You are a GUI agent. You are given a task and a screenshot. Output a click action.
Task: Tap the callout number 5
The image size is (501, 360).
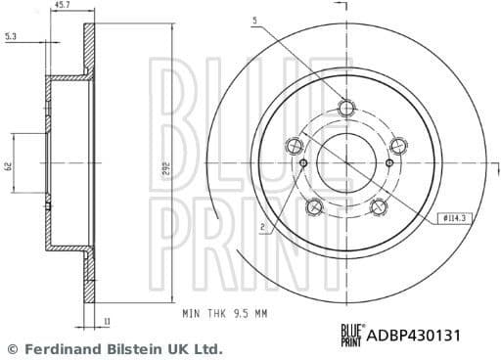click(254, 21)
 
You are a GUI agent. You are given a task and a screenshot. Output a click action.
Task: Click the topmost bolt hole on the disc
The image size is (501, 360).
click(344, 109)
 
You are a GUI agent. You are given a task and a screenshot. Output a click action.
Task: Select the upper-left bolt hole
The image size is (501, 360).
click(293, 147)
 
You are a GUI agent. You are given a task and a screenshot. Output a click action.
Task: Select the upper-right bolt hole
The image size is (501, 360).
click(397, 147)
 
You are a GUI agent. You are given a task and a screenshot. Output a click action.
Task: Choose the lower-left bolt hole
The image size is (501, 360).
click(313, 206)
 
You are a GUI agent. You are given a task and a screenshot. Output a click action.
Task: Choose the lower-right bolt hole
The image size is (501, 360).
click(378, 206)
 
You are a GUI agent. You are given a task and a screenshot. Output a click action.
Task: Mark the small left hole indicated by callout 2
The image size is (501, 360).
click(303, 162)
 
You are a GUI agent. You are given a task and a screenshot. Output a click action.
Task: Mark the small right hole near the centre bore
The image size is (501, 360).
click(387, 162)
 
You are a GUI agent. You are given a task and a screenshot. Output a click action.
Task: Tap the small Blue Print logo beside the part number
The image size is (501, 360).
click(350, 336)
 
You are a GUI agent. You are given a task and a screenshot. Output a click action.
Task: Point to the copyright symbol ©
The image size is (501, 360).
click(13, 348)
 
